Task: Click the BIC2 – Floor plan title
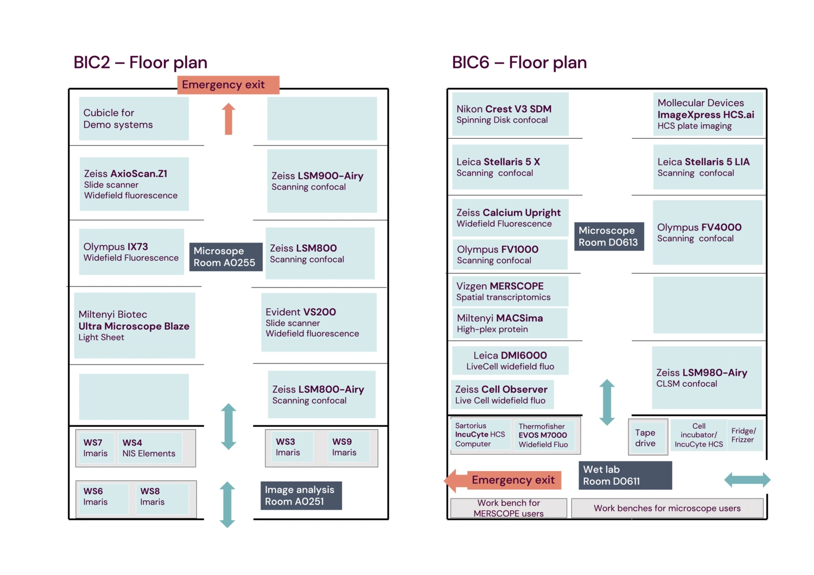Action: [140, 63]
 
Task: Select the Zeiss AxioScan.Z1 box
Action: [134, 184]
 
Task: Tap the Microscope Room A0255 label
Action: [225, 257]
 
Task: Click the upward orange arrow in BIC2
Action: [228, 118]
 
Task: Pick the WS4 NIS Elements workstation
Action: [149, 448]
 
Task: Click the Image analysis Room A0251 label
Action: [301, 495]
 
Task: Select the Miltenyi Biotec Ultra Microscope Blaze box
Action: [134, 325]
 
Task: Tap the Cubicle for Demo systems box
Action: [133, 119]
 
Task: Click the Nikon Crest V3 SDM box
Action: [510, 114]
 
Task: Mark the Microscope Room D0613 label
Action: [608, 237]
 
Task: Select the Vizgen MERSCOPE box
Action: [510, 291]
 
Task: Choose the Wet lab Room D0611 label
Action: [625, 475]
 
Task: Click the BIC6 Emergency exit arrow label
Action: [505, 480]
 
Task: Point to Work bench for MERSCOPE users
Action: [508, 508]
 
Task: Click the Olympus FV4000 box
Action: [707, 232]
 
